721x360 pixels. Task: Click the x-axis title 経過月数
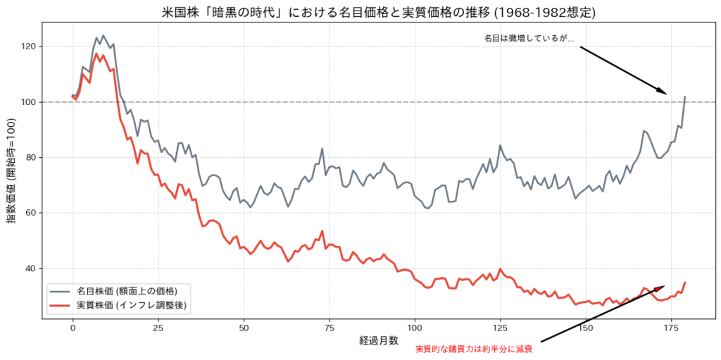[380, 340]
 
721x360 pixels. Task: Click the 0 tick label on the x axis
[73, 328]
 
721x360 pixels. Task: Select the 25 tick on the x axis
[158, 328]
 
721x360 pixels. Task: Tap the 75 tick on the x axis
[329, 328]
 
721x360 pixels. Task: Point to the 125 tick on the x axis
[500, 328]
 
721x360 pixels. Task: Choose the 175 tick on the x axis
[671, 328]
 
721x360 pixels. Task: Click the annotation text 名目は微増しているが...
[529, 39]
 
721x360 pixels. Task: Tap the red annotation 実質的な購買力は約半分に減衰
[474, 349]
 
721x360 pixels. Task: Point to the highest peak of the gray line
[103, 35]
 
